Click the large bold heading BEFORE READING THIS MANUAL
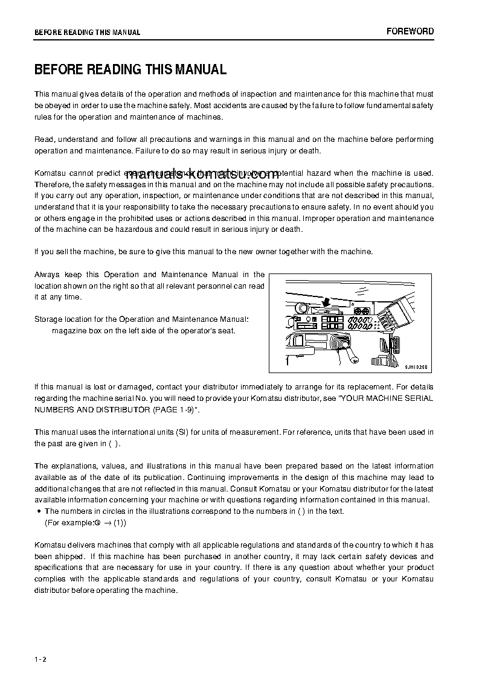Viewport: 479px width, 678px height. pos(130,69)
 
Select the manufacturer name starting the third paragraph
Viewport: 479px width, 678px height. pos(51,173)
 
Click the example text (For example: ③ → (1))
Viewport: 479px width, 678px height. pos(86,522)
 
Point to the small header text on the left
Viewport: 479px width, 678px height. pos(87,33)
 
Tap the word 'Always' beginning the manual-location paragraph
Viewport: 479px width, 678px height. pos(47,275)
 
